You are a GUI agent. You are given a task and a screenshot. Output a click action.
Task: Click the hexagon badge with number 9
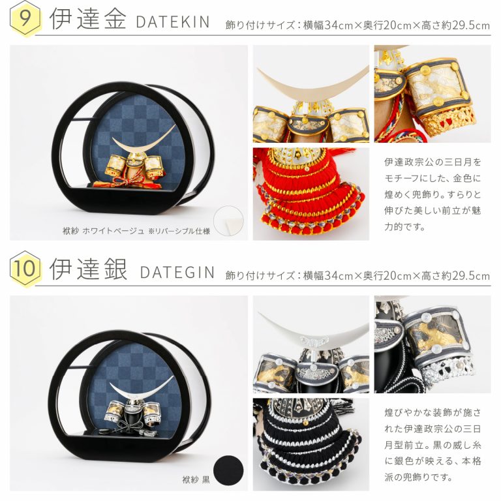click(25, 18)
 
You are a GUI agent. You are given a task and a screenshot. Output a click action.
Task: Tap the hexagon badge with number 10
click(25, 268)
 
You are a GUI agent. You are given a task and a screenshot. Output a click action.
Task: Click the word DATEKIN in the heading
click(172, 22)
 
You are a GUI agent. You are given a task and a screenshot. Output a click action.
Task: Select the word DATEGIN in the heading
click(177, 272)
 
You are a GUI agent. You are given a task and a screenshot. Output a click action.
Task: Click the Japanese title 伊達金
click(87, 19)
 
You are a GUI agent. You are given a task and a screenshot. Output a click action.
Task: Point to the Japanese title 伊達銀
click(87, 269)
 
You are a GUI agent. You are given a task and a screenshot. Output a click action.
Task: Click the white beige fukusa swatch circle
click(228, 221)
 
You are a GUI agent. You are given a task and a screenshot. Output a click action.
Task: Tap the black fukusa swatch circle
click(228, 470)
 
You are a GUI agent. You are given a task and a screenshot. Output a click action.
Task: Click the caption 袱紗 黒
click(196, 479)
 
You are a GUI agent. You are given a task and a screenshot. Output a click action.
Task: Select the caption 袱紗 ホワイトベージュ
click(103, 231)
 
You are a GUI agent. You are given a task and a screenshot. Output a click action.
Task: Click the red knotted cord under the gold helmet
click(124, 182)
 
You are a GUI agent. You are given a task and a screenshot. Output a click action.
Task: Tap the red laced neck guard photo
click(311, 194)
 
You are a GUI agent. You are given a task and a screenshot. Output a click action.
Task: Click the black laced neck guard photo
click(311, 444)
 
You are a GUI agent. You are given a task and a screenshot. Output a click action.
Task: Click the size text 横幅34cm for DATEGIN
click(328, 275)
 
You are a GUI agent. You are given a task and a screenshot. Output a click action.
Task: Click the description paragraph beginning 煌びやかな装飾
click(433, 445)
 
